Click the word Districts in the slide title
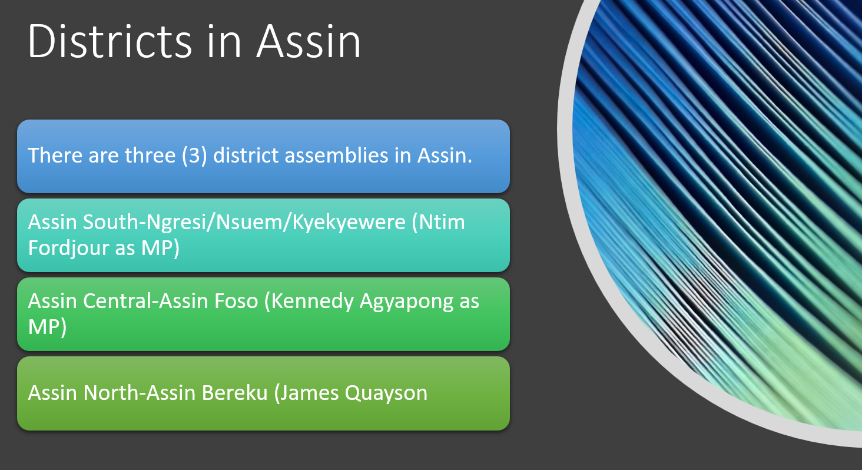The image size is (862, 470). pos(110,41)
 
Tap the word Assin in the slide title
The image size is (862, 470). pos(309,41)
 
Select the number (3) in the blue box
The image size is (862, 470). pos(195,155)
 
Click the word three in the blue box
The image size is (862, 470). pos(150,155)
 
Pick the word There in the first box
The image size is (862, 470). pos(55,155)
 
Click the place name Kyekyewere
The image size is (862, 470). pos(349,222)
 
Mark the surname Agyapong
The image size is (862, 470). pos(406,302)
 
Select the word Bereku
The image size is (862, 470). pos(234,393)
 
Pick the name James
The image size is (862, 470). pos(306,393)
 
